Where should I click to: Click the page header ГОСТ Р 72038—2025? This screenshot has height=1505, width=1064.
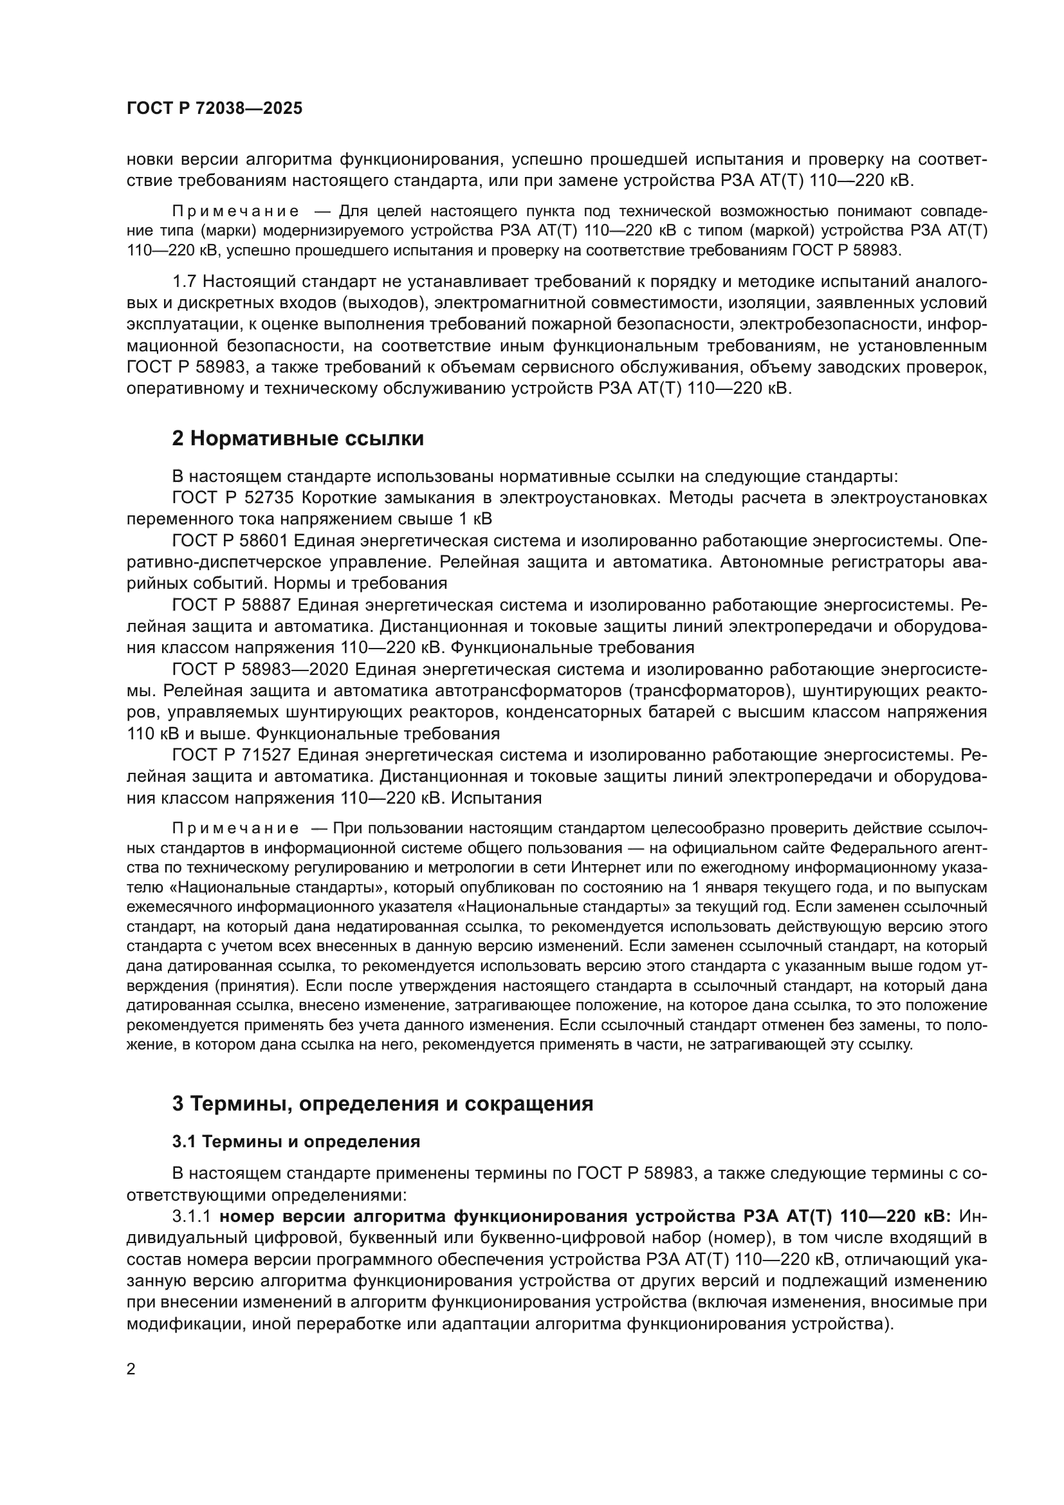214,109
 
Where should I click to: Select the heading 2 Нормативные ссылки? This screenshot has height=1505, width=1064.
297,439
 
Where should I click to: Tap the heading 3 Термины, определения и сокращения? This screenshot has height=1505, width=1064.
382,1104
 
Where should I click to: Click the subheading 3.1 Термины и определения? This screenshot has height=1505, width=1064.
295,1142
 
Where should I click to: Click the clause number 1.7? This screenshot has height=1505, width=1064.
184,282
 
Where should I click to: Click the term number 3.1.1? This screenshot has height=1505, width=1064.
191,1217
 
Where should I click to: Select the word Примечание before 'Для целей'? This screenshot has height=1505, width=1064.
235,212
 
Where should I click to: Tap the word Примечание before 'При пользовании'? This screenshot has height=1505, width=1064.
235,829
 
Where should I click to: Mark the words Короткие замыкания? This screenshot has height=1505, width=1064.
376,497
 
